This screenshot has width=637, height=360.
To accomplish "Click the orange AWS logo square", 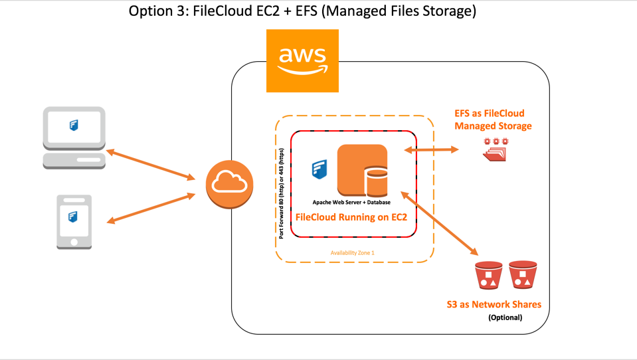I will coord(302,60).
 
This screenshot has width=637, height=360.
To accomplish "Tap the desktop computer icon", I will coord(74,137).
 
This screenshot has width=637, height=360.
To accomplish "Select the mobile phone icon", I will coord(74,221).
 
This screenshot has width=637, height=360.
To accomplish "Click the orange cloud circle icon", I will coord(230,185).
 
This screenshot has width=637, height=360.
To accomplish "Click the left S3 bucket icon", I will coord(488,275).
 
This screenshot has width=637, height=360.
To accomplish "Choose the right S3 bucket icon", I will coord(522,274).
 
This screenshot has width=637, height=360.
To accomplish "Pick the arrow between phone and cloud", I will coord(151,208).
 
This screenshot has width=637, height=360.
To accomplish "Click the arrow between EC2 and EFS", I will coord(431,151).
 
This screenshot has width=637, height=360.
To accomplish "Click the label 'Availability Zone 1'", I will coord(353,253).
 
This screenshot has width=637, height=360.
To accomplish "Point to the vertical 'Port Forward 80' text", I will coord(282,193).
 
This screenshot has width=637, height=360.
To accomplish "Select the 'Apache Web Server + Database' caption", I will coord(352,202).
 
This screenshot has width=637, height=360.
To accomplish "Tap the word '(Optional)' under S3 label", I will coord(505,317).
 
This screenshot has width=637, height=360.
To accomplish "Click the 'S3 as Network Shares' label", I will coord(494,305).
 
